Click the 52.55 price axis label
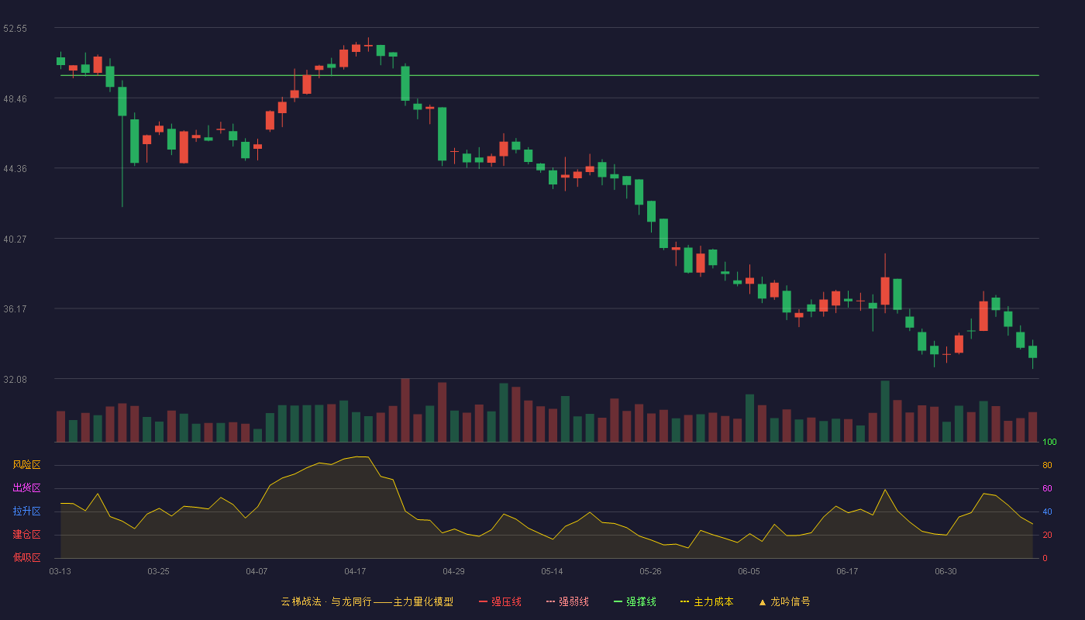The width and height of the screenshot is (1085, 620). pos(15,29)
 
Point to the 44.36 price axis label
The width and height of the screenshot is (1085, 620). pos(15,169)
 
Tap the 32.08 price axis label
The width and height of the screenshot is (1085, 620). pos(15,379)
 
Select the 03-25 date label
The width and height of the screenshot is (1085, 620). pos(158,572)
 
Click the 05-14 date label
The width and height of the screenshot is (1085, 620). pos(552,572)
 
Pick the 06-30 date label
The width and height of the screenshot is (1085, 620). pos(946,572)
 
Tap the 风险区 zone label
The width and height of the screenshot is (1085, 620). pos(26,465)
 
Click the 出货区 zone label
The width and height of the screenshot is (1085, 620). pos(26,487)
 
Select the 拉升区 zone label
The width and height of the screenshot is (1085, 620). pos(26,511)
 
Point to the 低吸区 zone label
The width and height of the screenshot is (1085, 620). pos(26,557)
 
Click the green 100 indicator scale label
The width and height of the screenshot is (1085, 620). pos(1049,442)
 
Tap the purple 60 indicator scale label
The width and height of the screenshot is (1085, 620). pos(1047,488)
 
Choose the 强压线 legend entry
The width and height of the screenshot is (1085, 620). pos(500,601)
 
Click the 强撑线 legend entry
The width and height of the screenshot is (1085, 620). pos(635,601)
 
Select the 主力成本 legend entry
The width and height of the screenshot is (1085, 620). pos(707,601)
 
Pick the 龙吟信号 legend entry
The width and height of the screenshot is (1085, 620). pos(784,601)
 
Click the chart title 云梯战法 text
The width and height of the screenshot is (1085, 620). pos(301,601)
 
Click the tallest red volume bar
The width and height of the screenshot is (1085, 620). pos(405,410)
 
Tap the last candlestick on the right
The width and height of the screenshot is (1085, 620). pos(1032,354)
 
